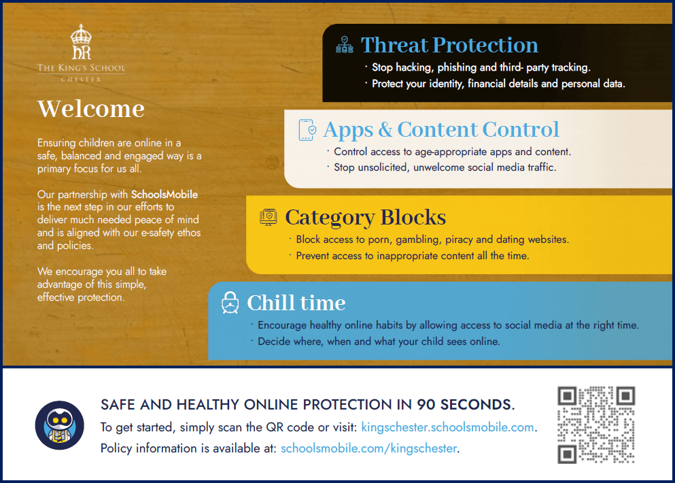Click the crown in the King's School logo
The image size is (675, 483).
(81, 35)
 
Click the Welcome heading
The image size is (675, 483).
(91, 109)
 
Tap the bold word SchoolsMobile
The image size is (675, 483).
(165, 195)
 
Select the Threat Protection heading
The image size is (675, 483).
(449, 45)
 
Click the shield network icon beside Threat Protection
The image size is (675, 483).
(345, 44)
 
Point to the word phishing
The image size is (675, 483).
(457, 67)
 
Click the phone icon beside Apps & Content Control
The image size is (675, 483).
(307, 130)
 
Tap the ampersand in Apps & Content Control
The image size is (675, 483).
(385, 129)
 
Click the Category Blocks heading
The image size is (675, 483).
(366, 217)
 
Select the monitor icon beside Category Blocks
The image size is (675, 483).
(269, 217)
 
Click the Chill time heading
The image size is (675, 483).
(296, 303)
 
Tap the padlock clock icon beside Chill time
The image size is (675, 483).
(230, 303)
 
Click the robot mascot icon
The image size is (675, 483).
(59, 425)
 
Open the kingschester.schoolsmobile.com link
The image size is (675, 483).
(448, 427)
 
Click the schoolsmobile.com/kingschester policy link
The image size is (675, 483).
(368, 448)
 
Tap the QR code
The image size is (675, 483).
(596, 424)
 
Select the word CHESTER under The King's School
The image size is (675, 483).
(81, 80)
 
